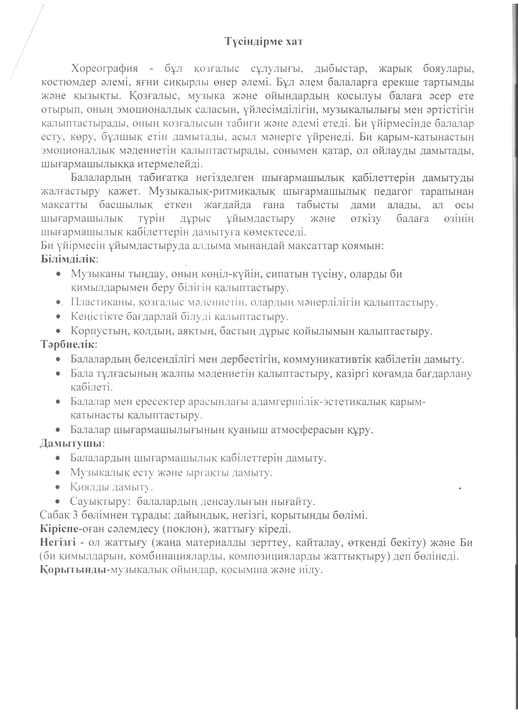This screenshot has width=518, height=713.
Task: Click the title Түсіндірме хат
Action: tap(264, 42)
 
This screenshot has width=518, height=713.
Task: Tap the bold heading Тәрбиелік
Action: tap(67, 345)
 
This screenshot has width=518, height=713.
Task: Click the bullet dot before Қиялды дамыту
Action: tap(58, 487)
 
